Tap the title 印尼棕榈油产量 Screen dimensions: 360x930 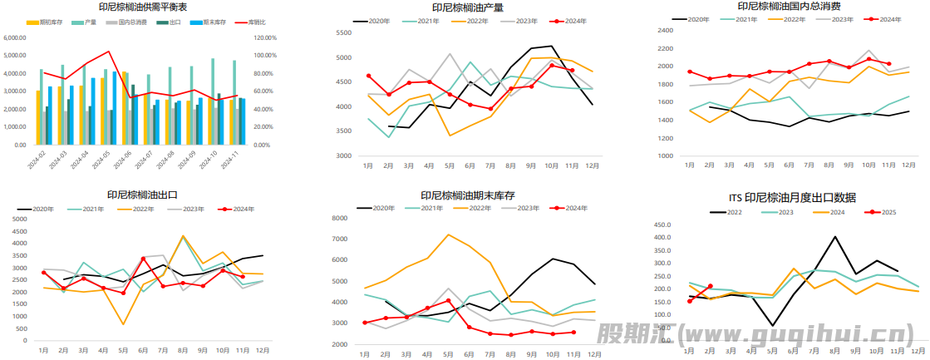(x=467, y=7)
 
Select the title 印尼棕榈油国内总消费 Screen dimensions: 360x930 (x=789, y=6)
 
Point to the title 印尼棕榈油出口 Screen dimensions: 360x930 (x=143, y=196)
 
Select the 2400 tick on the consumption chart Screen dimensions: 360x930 (x=664, y=30)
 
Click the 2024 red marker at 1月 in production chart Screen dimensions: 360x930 (x=368, y=76)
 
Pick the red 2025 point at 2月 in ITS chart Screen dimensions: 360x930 (x=710, y=286)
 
